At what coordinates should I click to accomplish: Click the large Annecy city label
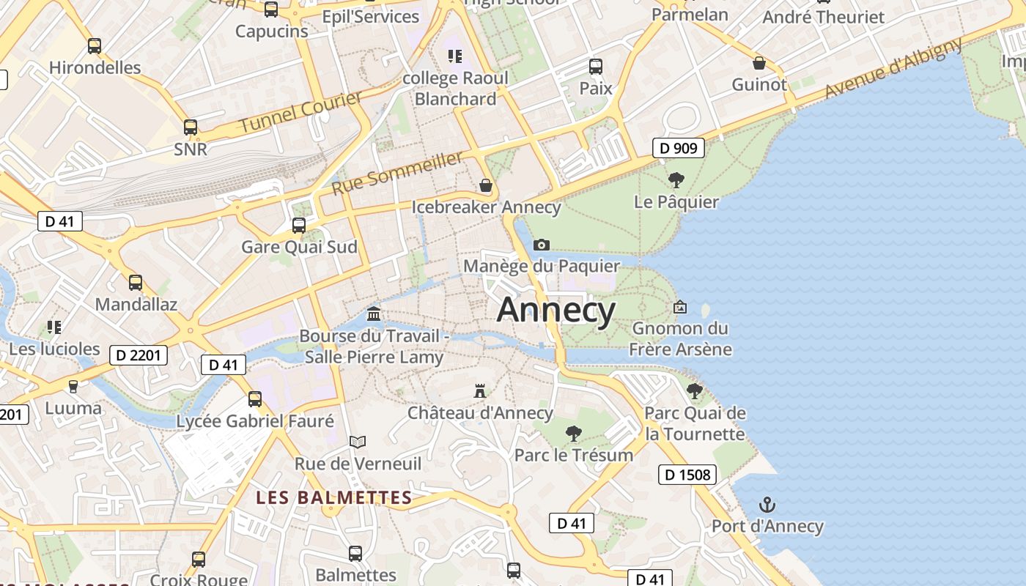click(x=556, y=311)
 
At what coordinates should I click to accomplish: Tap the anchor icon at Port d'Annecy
click(x=767, y=505)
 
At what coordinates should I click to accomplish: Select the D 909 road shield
click(x=678, y=149)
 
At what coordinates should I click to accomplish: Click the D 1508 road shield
click(x=686, y=475)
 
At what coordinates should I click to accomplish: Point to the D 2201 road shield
click(x=139, y=356)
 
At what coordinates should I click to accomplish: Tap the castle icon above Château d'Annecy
click(x=480, y=391)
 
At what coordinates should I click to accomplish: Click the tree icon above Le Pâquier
click(x=676, y=179)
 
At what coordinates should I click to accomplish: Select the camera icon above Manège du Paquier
click(x=542, y=245)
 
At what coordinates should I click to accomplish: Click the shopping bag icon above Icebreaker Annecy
click(x=485, y=185)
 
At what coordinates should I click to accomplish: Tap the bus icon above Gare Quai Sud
click(x=299, y=226)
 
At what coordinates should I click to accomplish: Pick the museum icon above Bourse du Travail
click(x=374, y=314)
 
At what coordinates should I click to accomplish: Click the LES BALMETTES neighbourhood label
click(x=333, y=498)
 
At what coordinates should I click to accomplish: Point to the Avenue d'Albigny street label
click(x=893, y=68)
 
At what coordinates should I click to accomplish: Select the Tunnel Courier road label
click(x=300, y=112)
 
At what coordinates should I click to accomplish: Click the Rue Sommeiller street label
click(x=397, y=173)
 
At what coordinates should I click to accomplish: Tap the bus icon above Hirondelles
click(x=95, y=46)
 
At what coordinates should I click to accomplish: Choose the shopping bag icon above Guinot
click(x=759, y=63)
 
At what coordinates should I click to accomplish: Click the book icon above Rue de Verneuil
click(x=358, y=442)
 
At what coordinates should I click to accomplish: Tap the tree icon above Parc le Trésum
click(x=574, y=434)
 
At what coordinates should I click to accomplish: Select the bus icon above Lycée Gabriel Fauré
click(x=255, y=399)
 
